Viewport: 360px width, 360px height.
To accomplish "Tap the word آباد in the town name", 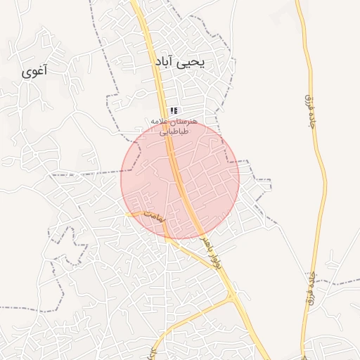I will (x=166, y=63).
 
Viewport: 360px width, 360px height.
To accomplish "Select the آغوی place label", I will (x=35, y=70).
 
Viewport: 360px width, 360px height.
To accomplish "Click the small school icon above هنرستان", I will (x=174, y=110).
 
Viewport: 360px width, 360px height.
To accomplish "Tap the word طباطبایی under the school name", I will (x=173, y=131).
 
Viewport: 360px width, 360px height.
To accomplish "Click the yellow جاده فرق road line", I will (x=320, y=176).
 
